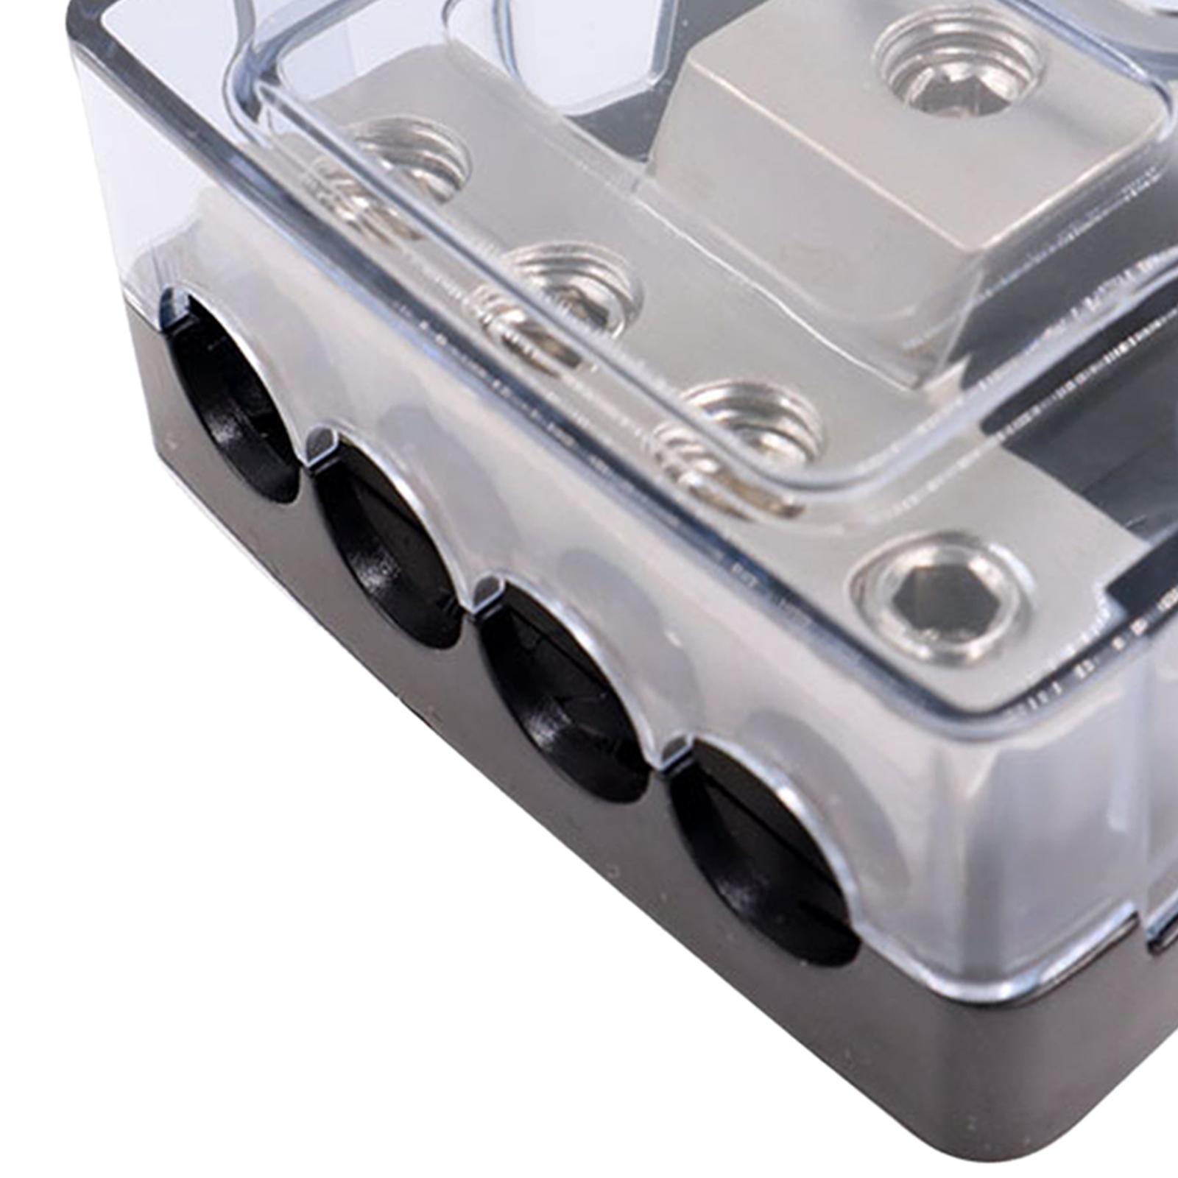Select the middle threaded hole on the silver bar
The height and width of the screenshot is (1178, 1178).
click(x=574, y=287)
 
